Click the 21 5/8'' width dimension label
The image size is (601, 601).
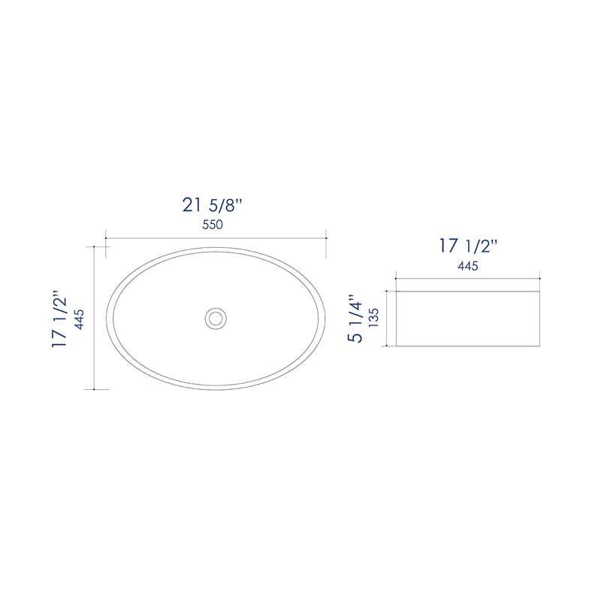pos(212,205)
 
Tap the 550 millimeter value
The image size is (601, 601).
pos(213,225)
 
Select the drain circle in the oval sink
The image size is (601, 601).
pos(216,318)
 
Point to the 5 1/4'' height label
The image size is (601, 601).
pos(355,319)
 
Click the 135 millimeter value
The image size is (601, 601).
pos(373,318)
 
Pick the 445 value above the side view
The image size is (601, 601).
pos(467,266)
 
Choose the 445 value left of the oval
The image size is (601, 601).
pos(80,319)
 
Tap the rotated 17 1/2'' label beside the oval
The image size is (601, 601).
pos(59,319)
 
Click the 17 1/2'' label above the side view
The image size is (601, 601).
pos(468,246)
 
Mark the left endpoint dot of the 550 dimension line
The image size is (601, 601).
pos(106,238)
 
